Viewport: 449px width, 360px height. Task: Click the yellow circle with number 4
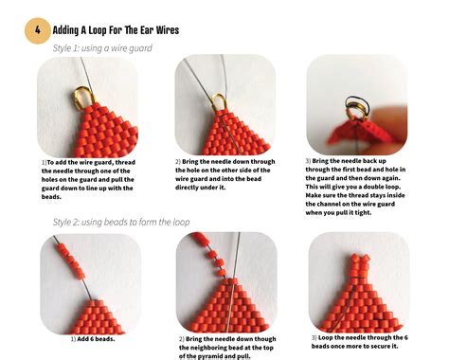(37, 30)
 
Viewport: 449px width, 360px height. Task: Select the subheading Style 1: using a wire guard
(102, 47)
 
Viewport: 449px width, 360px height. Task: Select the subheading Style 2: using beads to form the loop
(120, 222)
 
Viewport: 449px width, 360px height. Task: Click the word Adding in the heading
(74, 30)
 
